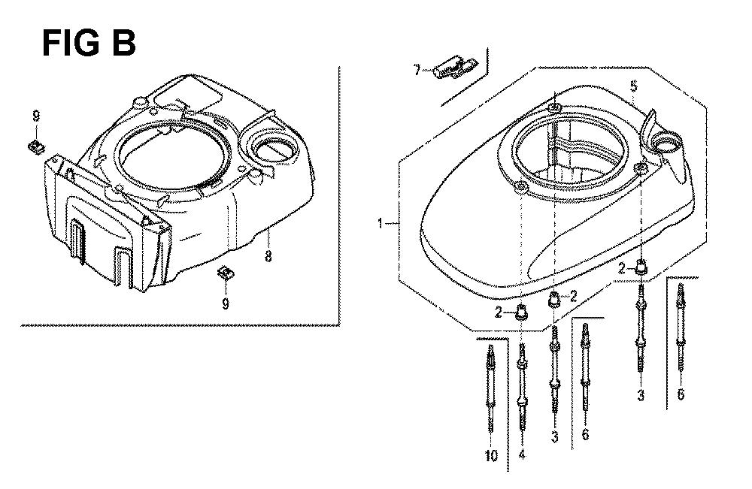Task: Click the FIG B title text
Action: click(x=89, y=43)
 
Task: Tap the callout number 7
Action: click(x=417, y=71)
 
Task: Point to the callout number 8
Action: click(x=268, y=256)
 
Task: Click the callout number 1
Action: click(x=381, y=223)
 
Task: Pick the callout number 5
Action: click(x=634, y=86)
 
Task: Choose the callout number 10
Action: click(x=492, y=455)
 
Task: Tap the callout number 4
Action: click(x=522, y=454)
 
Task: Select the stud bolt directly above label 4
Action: click(x=522, y=387)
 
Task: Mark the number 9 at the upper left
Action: click(x=36, y=116)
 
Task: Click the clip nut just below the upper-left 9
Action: click(x=35, y=146)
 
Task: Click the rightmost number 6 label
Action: click(x=681, y=394)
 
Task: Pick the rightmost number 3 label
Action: click(x=640, y=396)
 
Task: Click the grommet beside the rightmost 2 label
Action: click(x=641, y=267)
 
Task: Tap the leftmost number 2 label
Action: click(x=499, y=312)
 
